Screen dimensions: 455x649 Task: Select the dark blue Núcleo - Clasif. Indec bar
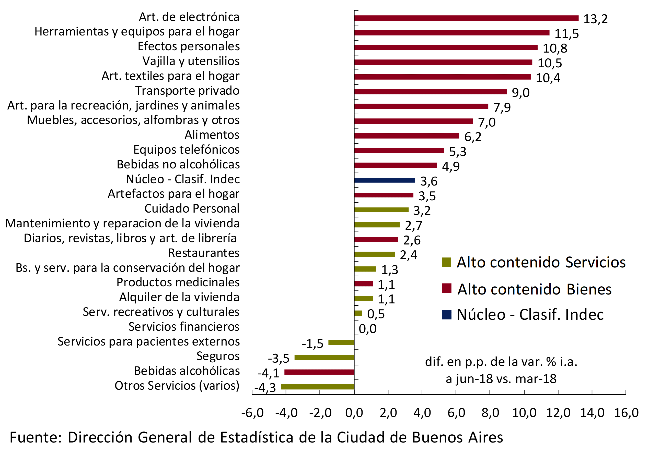coord(385,180)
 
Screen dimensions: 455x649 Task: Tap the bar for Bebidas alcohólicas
coord(319,372)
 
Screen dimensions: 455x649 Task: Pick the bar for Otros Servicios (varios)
coord(317,387)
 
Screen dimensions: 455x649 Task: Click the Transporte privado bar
coord(430,92)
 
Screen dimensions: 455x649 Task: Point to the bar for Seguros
coord(324,357)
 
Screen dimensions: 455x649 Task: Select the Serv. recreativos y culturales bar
coord(358,313)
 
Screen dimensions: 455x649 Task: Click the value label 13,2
coord(595,19)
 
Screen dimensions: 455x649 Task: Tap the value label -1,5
coord(312,343)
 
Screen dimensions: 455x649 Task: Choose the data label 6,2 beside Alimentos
coord(473,137)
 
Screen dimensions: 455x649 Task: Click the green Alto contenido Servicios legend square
coord(446,262)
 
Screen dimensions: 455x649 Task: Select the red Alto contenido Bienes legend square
coord(446,288)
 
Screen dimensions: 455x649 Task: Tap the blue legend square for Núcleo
coord(446,314)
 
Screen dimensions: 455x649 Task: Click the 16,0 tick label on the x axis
coord(626,413)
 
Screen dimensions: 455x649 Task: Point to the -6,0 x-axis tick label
coord(252,413)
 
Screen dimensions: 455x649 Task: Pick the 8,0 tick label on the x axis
coord(490,413)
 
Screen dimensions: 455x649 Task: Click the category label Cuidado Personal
coord(192,208)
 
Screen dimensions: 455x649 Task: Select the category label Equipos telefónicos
coord(186,150)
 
